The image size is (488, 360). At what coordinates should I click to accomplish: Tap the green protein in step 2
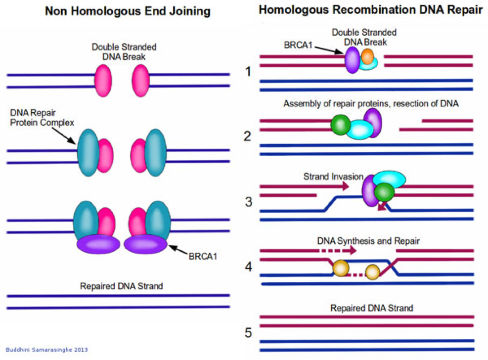[x=340, y=124]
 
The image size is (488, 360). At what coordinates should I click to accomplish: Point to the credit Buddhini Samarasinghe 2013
[x=47, y=350]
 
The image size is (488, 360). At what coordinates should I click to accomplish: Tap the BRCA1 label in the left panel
[x=202, y=256]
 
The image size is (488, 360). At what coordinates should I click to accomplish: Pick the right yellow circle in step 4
[x=372, y=271]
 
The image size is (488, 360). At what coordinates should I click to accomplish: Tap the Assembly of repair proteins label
[x=371, y=104]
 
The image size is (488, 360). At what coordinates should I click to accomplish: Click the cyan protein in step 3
[x=389, y=179]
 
